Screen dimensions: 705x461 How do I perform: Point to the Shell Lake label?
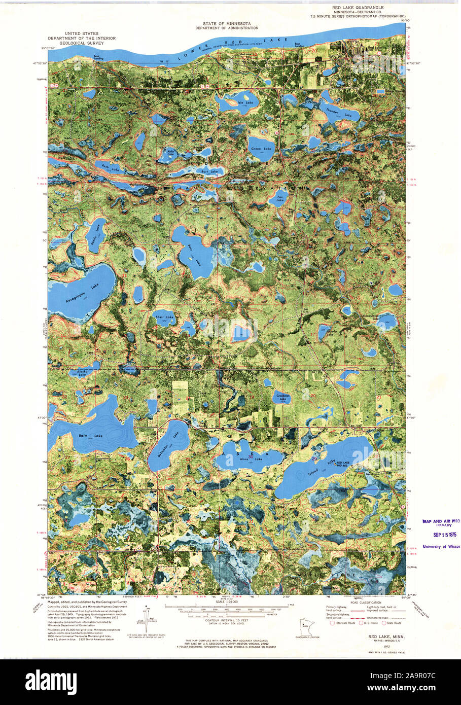166,317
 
